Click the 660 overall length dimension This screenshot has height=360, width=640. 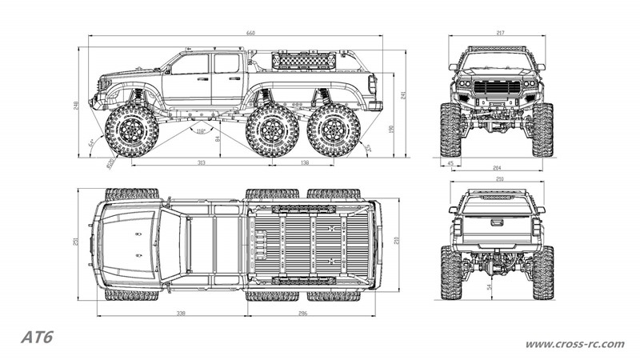tap(250, 34)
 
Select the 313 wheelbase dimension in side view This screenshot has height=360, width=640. tap(200, 162)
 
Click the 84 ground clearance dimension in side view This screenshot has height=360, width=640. tap(218, 138)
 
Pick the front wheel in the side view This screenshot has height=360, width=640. tap(130, 130)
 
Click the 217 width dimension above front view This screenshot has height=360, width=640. tap(499, 34)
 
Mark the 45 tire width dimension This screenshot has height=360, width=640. tap(451, 164)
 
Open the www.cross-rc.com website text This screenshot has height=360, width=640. tap(574, 344)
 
